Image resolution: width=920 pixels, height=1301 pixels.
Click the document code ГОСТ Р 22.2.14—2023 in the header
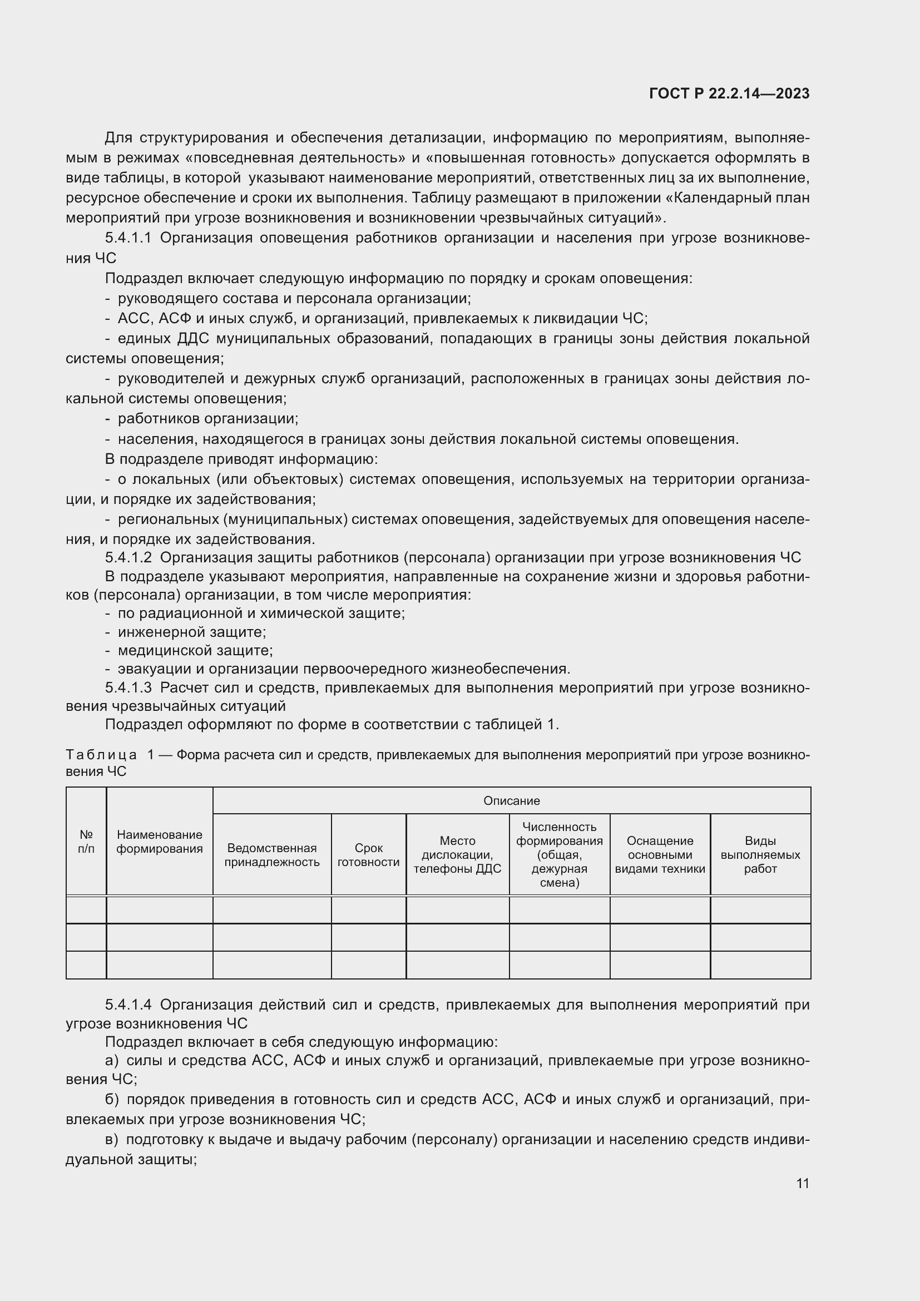click(729, 93)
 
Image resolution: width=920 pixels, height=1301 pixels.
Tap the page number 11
click(802, 1183)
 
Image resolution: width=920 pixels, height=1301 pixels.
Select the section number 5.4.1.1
click(128, 238)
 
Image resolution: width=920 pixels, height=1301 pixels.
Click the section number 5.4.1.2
click(128, 557)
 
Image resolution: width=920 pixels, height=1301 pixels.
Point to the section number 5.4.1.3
click(128, 688)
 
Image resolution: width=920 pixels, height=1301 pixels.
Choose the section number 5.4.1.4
click(128, 1005)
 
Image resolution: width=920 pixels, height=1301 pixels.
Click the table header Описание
click(511, 800)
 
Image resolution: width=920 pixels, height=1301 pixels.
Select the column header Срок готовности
click(368, 855)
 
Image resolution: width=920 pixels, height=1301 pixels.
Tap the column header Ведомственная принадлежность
click(272, 855)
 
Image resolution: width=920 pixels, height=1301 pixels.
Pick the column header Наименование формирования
click(159, 842)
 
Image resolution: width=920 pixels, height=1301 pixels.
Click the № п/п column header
click(86, 842)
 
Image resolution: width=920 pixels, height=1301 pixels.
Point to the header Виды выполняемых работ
click(760, 855)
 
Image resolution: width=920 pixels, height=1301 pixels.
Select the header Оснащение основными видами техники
click(660, 855)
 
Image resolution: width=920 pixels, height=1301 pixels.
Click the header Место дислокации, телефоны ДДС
click(457, 855)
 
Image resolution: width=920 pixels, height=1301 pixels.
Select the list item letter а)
click(112, 1061)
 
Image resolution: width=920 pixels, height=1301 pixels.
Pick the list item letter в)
click(112, 1140)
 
